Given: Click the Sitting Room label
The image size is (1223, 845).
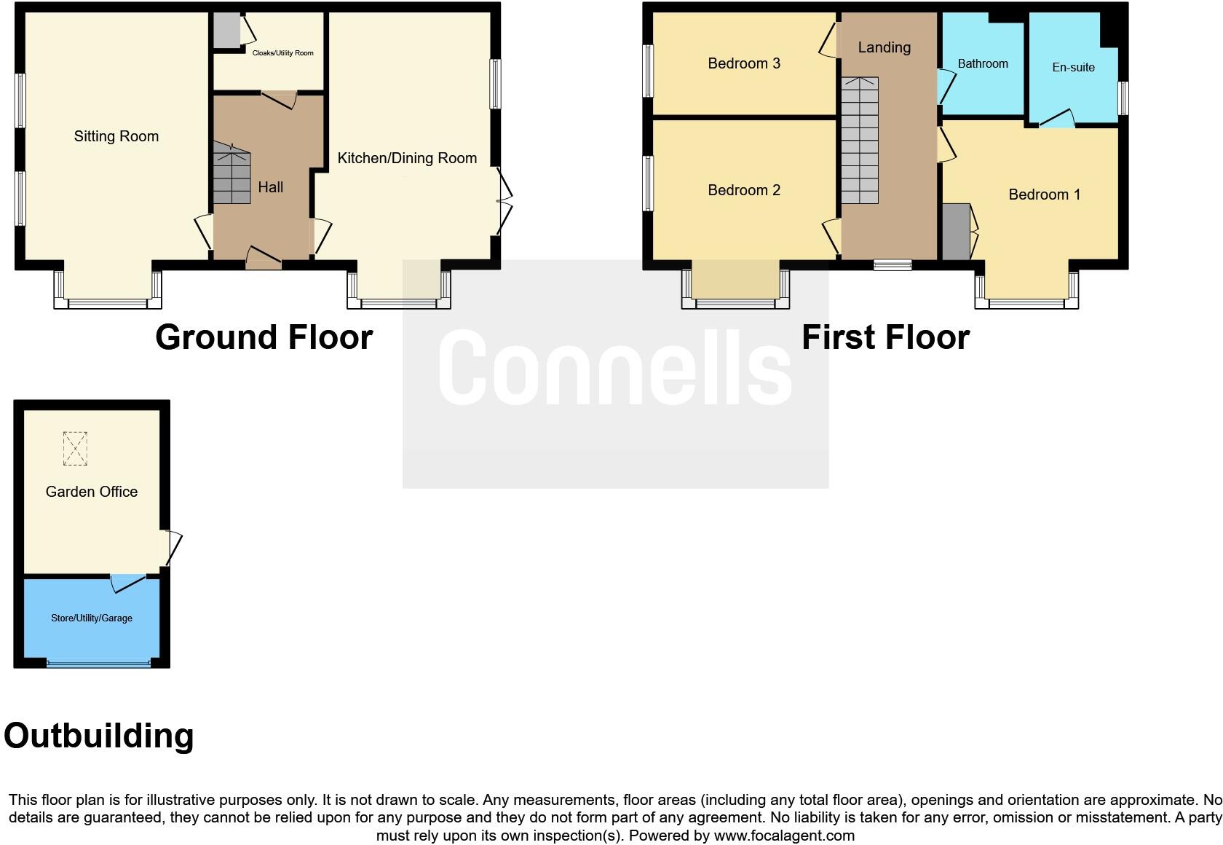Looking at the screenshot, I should pos(116,136).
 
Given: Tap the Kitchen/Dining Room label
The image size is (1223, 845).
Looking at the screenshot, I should pos(407,158).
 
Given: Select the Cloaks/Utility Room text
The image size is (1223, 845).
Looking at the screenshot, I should pos(282,53).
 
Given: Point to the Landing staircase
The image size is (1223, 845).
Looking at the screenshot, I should pos(860,141).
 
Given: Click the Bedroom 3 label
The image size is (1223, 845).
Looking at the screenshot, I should pos(744,63).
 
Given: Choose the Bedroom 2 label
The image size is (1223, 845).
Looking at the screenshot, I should pos(744,190).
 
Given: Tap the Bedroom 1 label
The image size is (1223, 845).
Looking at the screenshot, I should pos(1044,194).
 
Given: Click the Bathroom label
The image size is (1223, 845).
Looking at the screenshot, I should pos(983,64).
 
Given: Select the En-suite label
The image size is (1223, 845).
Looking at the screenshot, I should pos(1073,68).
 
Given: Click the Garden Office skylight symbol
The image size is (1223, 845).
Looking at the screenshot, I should pos(75,448).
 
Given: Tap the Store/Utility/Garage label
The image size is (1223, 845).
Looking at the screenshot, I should pos(92,618).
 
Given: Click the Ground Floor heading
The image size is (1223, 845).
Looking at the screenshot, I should pos(264,337).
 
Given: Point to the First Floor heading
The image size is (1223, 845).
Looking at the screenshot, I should pos(885,337).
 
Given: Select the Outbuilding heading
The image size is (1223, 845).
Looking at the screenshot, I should pos(99,736).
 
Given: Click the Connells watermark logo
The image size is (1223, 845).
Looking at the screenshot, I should pos(615,368).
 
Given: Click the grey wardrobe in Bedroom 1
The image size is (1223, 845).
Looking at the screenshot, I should pos(956,232).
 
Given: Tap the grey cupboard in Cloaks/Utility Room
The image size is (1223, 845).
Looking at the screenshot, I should pos(226,30).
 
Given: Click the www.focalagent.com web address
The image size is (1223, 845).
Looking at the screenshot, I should pos(784,836).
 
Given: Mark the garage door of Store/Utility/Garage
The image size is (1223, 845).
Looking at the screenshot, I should pos(98,663).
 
